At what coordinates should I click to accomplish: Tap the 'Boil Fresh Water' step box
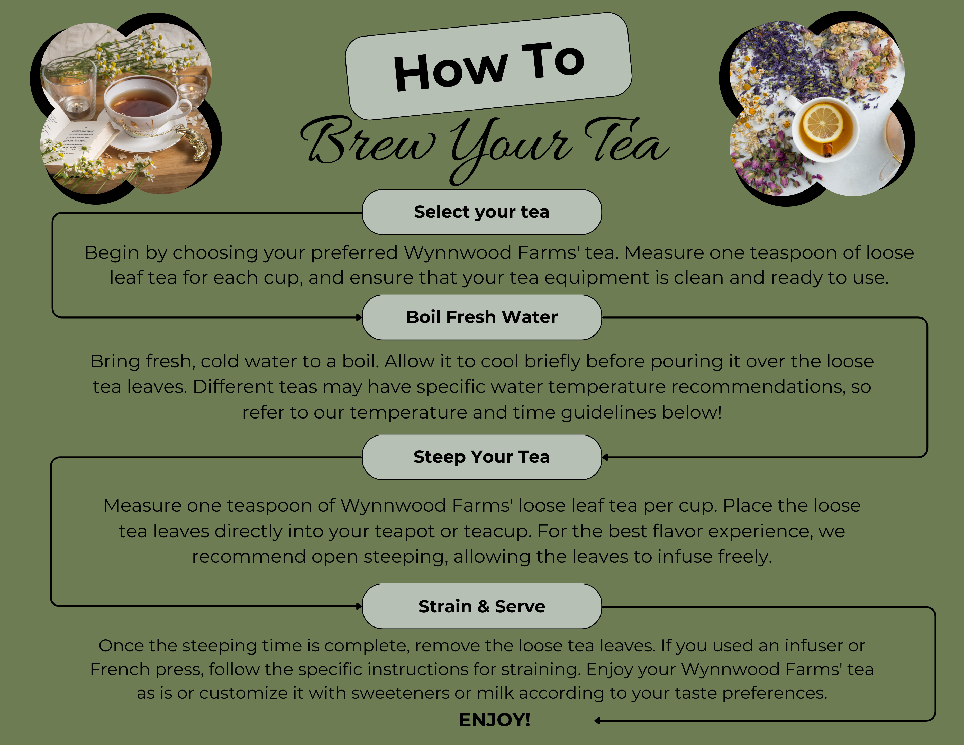coord(481,317)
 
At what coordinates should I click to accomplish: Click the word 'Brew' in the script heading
coord(369,140)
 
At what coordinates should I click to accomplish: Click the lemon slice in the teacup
coord(822,122)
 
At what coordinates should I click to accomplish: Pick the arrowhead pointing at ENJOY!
coord(597,721)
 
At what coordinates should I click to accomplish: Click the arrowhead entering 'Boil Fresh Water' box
coord(359,317)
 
